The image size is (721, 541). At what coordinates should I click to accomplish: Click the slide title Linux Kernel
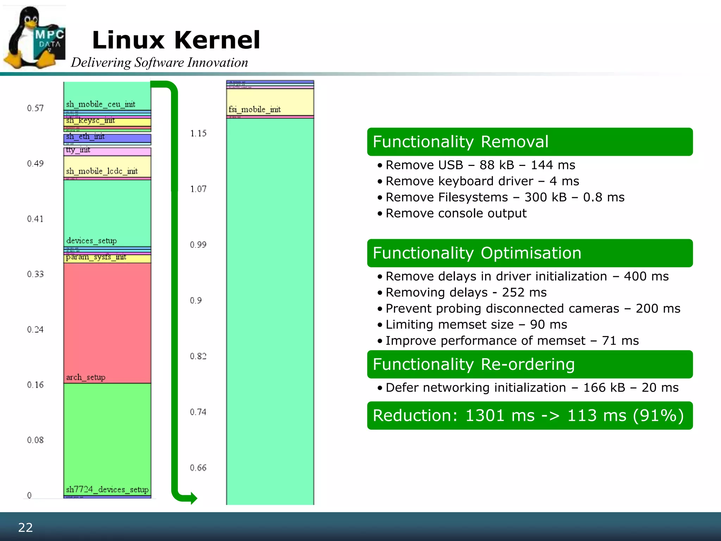pos(176,40)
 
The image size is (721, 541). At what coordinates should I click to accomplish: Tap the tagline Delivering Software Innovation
pos(159,62)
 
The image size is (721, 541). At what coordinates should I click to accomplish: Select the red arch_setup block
pos(107,322)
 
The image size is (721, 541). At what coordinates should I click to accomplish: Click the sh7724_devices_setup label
pos(107,489)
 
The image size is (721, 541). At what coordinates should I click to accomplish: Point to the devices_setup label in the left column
pos(92,241)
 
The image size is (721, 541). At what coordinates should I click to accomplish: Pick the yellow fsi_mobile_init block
pos(270,102)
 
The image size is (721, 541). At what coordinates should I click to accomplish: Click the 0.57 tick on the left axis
pos(35,108)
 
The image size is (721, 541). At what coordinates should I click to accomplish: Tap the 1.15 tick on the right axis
pos(198,133)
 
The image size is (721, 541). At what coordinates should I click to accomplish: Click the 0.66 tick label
pos(198,468)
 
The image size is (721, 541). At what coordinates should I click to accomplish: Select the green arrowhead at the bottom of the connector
pos(192,498)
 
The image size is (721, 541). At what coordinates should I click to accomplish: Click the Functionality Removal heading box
pos(529,142)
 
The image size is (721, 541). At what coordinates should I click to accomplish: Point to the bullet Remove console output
pos(456,213)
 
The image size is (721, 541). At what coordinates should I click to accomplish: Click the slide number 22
pos(25,527)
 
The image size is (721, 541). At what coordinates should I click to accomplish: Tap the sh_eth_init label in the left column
pos(85,136)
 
